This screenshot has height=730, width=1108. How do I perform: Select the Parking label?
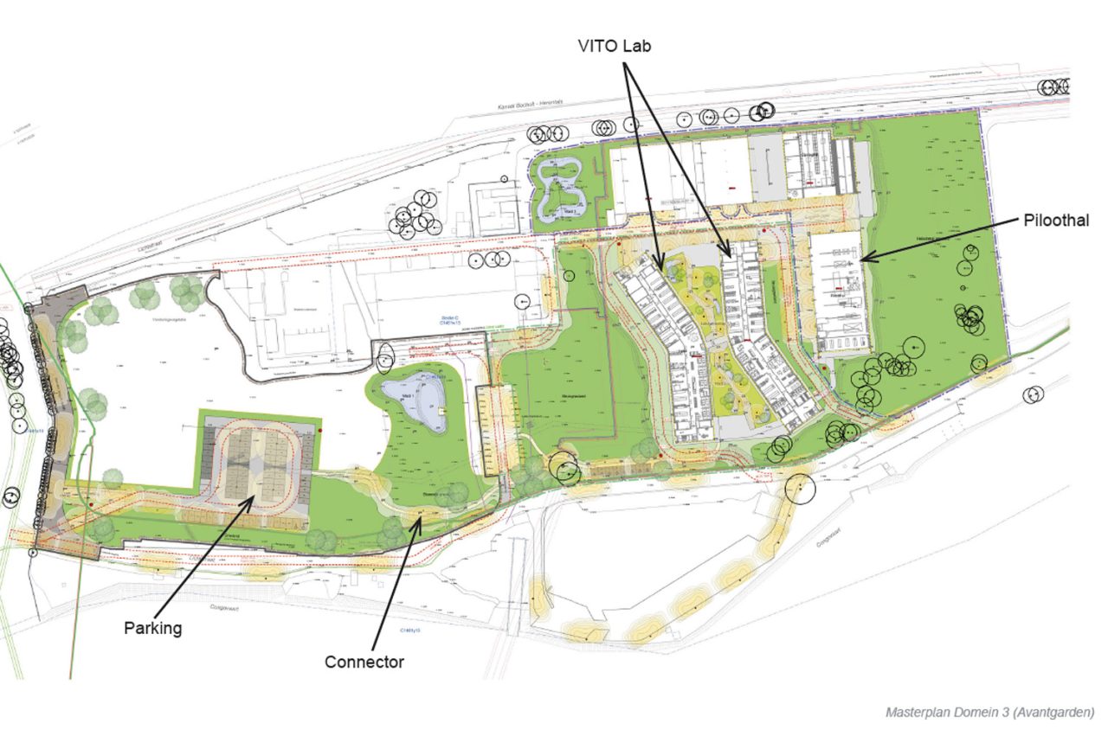[152, 628]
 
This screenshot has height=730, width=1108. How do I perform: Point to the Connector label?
[364, 662]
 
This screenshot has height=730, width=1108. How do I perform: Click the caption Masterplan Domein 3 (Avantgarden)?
[989, 712]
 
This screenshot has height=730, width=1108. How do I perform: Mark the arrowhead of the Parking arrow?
[253, 496]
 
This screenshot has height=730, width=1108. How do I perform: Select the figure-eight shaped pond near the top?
[561, 189]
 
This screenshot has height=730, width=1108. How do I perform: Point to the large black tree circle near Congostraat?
[799, 490]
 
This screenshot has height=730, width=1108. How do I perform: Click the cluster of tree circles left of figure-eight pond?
[414, 216]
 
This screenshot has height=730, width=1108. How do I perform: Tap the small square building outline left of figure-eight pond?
[493, 208]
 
